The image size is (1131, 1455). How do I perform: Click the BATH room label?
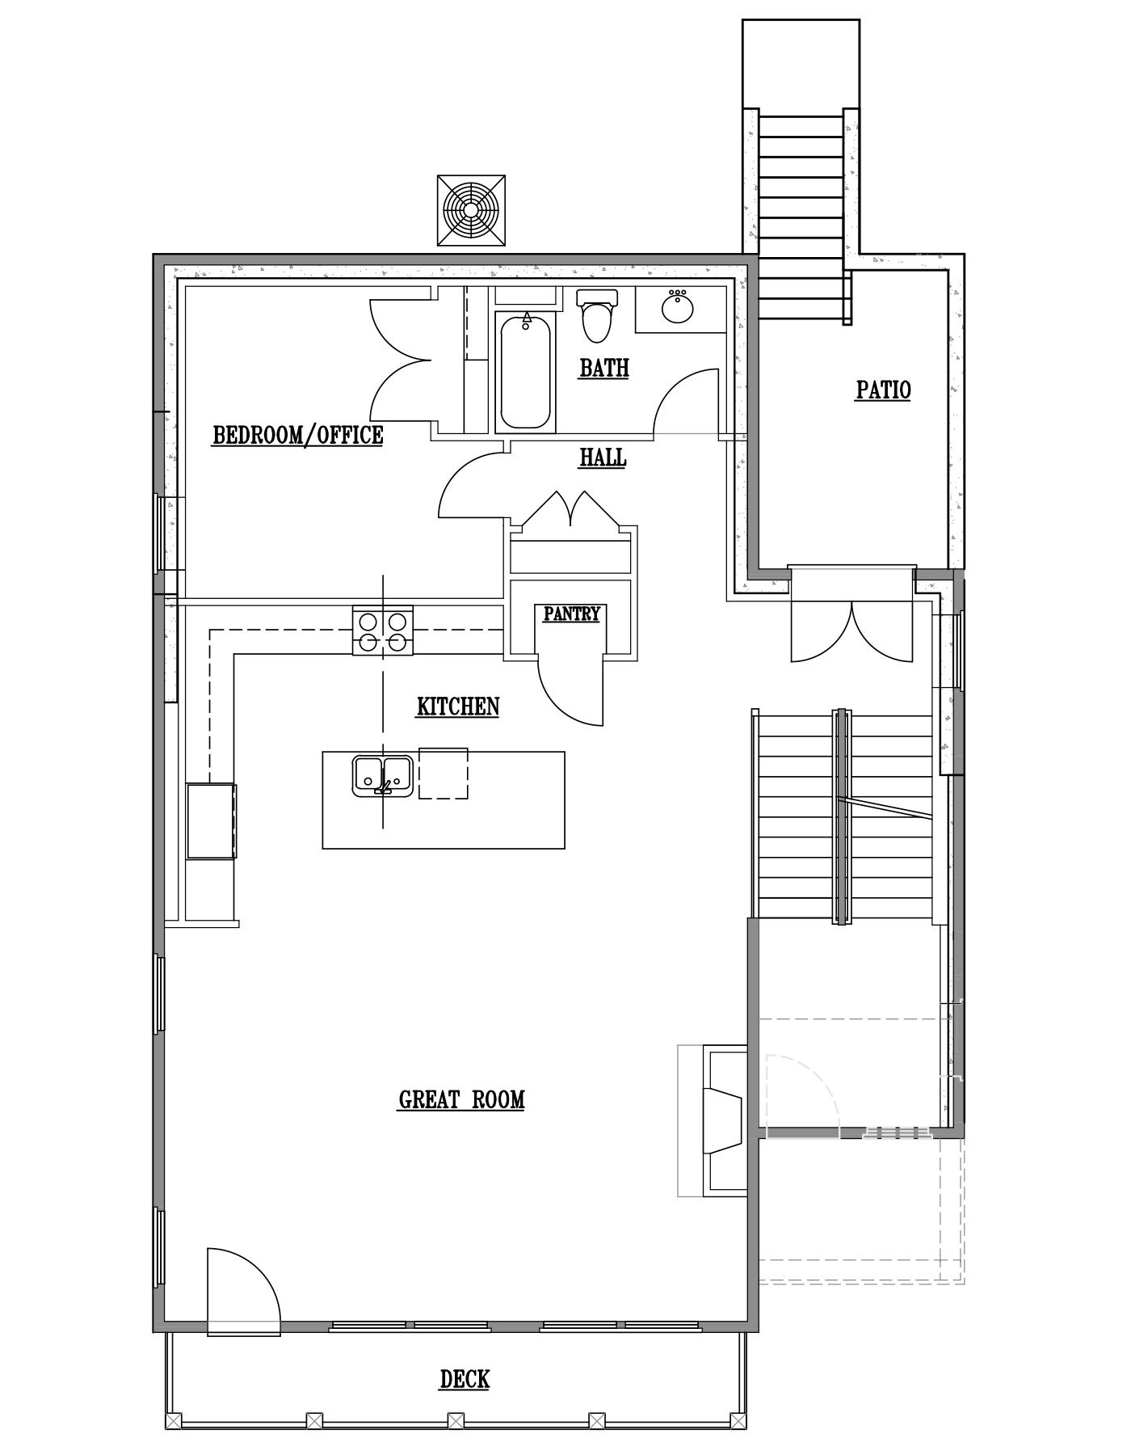604,369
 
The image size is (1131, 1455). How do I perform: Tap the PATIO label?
883,390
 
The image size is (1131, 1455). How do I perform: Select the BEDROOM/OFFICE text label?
297,436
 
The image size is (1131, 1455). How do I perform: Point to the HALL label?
603,458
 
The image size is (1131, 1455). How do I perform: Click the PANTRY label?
571,614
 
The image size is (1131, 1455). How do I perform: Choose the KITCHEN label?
458,706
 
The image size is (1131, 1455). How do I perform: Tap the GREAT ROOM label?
461,1099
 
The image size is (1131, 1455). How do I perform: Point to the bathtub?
526,371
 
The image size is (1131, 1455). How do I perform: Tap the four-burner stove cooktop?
382,630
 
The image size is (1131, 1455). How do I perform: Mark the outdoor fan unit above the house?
471,210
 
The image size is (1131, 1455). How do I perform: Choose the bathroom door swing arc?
685,402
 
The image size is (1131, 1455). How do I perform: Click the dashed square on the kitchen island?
443,774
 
